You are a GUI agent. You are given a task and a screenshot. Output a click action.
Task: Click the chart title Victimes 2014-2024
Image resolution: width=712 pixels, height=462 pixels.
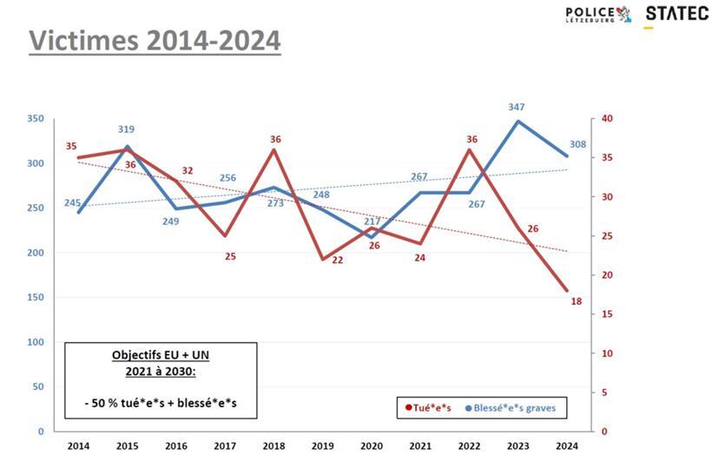[x=155, y=40]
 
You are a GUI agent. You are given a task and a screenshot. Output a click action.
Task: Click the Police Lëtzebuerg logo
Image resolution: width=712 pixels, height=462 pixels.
[x=598, y=14]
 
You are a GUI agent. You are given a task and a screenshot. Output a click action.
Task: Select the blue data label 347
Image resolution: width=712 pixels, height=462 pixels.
[x=518, y=107]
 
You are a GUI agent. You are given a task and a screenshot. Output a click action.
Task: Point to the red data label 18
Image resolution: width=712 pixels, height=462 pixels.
[x=576, y=301]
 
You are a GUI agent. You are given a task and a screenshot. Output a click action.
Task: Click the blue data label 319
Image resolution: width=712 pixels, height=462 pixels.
[x=127, y=129]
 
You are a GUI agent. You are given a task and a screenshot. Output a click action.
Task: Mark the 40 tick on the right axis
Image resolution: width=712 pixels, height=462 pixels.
[x=608, y=118]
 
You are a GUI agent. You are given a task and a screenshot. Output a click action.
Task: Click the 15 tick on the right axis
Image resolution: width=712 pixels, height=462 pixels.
[x=608, y=314]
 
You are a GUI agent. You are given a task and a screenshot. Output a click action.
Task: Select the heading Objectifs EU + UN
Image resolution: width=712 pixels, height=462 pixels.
[x=160, y=356]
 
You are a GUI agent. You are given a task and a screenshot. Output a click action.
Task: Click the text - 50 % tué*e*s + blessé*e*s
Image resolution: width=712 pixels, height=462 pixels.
[x=160, y=404]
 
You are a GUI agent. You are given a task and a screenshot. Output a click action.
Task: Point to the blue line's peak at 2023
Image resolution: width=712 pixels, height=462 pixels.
[x=518, y=121]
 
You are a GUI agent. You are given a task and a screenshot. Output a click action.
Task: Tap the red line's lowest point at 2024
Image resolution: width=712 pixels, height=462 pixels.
[x=567, y=291]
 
